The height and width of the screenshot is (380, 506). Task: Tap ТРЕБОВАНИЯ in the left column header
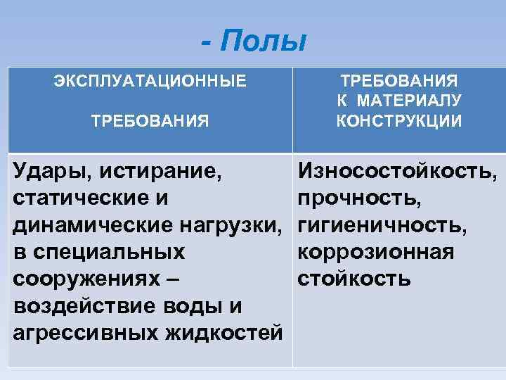[x=150, y=121]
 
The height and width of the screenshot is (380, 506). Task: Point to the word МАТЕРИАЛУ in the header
[x=410, y=101]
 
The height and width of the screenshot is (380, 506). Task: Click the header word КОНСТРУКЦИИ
[x=399, y=121]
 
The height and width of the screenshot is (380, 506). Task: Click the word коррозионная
[x=375, y=252]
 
